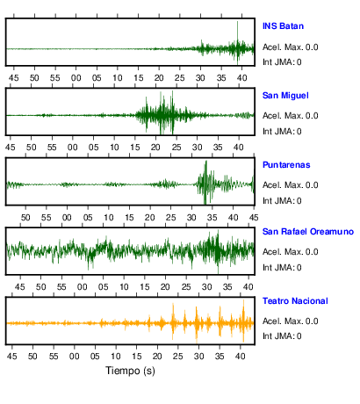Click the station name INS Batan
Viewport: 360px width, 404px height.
click(x=283, y=26)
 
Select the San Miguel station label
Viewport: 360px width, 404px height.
click(x=285, y=96)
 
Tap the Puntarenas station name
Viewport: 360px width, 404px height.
click(x=286, y=165)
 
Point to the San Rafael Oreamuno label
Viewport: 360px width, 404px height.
click(x=308, y=232)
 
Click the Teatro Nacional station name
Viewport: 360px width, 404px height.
click(x=295, y=301)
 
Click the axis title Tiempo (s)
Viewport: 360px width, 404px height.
click(x=130, y=371)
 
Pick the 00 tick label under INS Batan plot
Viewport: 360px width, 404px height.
click(x=76, y=78)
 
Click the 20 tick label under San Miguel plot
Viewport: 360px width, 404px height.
click(x=155, y=147)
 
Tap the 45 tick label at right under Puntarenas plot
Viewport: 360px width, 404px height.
click(x=254, y=218)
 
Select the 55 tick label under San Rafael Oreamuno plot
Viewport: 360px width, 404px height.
click(x=61, y=287)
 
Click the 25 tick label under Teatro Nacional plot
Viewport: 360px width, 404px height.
click(x=177, y=357)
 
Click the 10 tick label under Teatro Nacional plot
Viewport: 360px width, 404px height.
click(x=116, y=357)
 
